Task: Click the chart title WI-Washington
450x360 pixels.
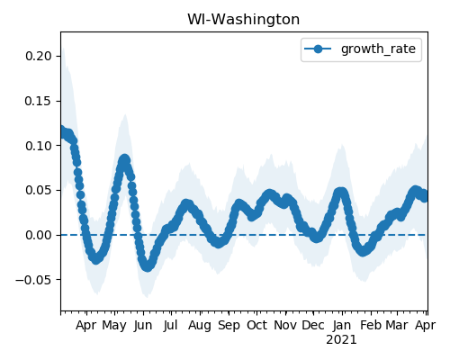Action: click(243, 20)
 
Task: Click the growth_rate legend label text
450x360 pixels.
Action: click(378, 49)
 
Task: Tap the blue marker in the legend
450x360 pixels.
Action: click(318, 49)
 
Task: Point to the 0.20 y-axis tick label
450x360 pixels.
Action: click(39, 56)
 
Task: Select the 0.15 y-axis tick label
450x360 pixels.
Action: click(39, 101)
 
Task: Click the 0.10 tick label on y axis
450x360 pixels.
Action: click(39, 146)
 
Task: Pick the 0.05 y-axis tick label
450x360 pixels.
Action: click(39, 190)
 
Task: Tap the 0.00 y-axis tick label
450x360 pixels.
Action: click(39, 235)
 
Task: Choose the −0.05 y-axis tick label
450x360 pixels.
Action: click(34, 280)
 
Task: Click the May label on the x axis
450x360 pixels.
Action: click(114, 325)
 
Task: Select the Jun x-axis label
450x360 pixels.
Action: click(143, 325)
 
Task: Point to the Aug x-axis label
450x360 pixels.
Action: click(200, 325)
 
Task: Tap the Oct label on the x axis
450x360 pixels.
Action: click(256, 325)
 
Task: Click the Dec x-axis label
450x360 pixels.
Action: click(313, 325)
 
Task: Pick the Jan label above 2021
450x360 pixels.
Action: click(342, 325)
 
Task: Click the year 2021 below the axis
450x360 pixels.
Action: click(341, 340)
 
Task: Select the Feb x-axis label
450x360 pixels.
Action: click(371, 325)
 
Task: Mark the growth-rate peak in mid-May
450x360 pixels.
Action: click(124, 159)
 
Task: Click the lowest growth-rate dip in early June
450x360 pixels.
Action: click(148, 266)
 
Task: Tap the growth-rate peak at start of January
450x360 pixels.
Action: click(341, 192)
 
